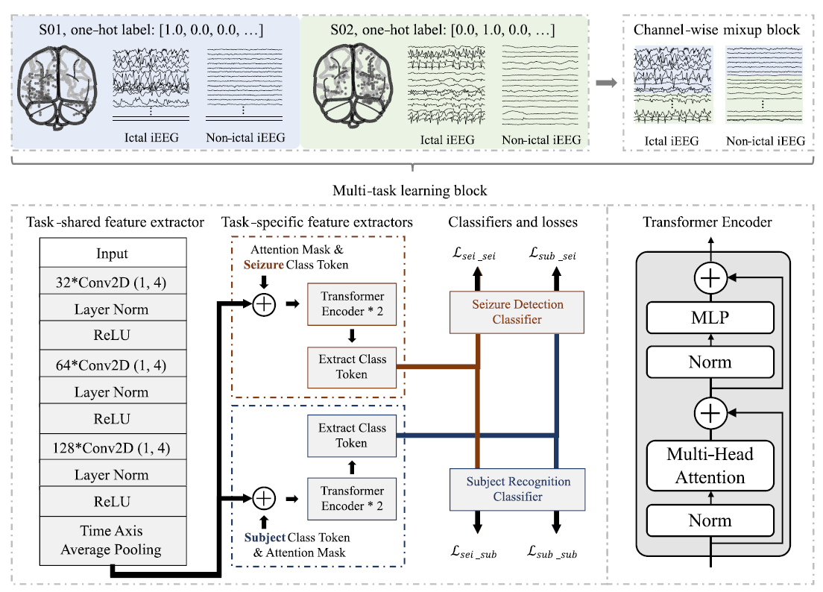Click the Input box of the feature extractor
coord(112,254)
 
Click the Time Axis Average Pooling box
coord(112,541)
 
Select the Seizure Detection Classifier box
coord(517,312)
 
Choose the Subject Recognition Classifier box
coord(517,488)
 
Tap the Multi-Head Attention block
coord(710,465)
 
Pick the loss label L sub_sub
coord(553,554)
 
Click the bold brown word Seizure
coord(265,264)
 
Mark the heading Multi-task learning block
coord(411,191)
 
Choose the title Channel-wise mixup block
coord(716,31)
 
